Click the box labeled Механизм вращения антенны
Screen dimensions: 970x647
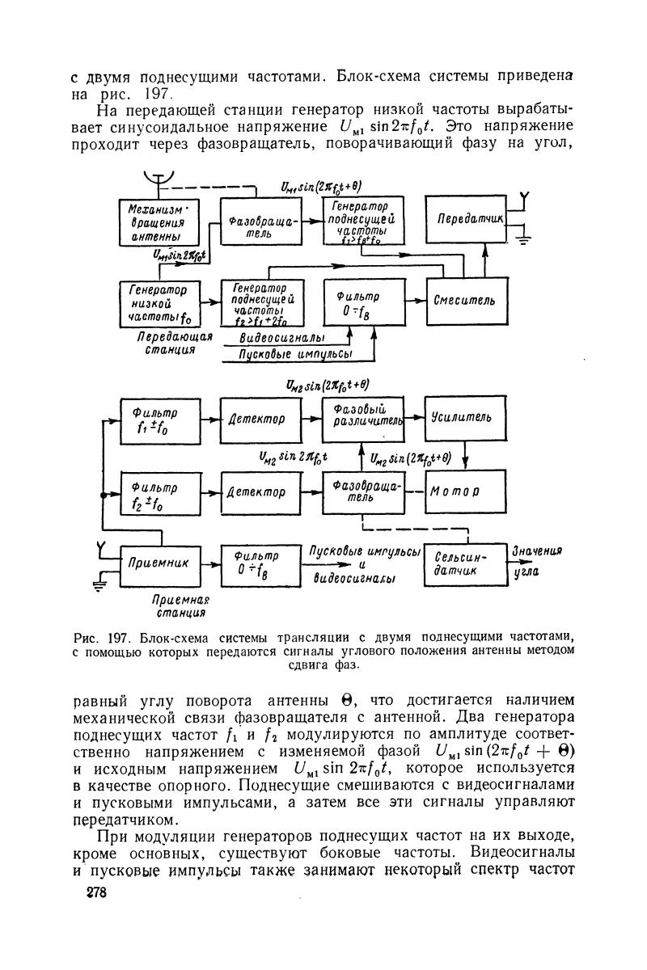pos(159,221)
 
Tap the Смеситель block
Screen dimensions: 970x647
pos(464,301)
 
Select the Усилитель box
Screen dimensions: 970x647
pos(463,417)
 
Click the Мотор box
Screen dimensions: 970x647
pos(463,491)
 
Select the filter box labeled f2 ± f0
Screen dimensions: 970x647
pos(159,492)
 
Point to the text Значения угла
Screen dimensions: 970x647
pos(537,562)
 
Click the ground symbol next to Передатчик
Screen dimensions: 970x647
pos(524,240)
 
